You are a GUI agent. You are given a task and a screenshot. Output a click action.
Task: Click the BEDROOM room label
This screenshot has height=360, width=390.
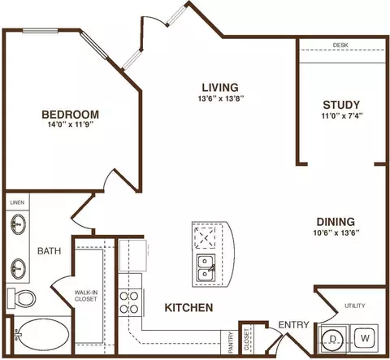point(71,115)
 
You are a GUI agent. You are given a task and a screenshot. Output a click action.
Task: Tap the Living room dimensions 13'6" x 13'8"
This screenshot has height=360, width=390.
point(221,98)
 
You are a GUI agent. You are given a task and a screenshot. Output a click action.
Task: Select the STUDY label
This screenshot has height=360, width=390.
point(341,105)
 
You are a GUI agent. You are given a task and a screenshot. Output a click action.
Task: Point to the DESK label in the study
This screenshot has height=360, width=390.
point(340,46)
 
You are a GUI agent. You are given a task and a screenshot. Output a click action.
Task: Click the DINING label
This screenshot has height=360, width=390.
point(336,222)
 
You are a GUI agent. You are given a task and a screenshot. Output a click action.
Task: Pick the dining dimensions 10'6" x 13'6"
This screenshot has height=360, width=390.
point(336,233)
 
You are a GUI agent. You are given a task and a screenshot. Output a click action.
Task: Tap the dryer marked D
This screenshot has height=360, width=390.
point(332,339)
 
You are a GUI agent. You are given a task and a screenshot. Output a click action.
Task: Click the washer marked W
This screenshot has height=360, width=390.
point(365,338)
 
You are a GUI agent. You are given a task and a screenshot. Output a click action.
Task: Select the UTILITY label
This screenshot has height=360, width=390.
point(355,306)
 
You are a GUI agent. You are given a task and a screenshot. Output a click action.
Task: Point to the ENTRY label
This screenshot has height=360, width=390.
point(293,324)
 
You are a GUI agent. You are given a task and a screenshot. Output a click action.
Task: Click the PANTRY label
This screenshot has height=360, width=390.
point(231,342)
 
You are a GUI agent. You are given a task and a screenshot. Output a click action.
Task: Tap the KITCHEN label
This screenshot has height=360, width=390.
point(188,308)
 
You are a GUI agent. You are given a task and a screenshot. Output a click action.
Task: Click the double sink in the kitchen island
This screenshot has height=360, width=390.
point(206,268)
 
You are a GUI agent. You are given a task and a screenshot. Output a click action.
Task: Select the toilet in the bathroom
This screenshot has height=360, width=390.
point(21,298)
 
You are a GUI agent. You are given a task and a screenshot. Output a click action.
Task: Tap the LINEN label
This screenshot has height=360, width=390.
point(17,202)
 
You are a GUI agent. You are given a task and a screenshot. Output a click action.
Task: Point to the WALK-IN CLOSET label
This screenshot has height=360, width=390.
point(86,296)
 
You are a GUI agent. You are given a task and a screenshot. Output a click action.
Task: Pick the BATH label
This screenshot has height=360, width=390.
point(49,251)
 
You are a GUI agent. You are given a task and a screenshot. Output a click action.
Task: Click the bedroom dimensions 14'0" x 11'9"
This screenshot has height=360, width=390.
point(70,124)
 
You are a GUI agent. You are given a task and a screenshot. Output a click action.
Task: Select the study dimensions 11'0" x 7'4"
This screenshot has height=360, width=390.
point(342,116)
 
